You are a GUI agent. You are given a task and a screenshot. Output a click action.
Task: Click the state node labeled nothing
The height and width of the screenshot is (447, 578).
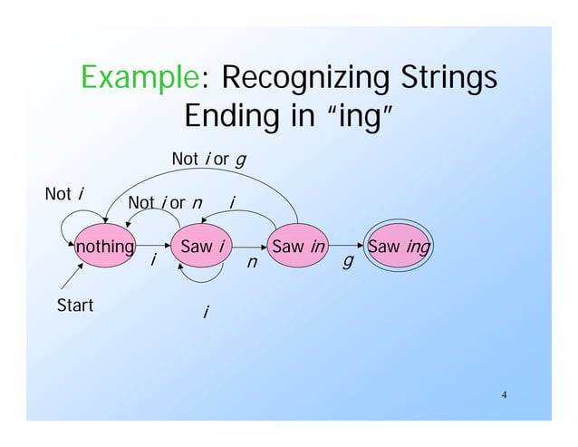coord(105,247)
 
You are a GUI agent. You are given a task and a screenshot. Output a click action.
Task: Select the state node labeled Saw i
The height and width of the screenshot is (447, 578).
coord(204,247)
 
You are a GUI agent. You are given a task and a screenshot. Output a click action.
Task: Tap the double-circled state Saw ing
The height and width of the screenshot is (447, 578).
coord(398,247)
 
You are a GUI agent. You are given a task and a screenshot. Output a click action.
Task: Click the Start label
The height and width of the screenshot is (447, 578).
coord(74,306)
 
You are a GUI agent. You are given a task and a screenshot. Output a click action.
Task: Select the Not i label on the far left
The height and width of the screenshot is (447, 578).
coord(65,193)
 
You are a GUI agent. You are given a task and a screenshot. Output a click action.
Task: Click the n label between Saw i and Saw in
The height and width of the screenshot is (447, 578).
coord(253,265)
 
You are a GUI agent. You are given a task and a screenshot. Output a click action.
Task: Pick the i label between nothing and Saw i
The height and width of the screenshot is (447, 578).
coord(153,260)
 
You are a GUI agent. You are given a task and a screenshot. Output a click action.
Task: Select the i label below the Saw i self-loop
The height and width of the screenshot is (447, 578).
coord(206,314)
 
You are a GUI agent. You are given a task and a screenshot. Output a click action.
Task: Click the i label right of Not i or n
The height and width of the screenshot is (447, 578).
coord(233,200)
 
